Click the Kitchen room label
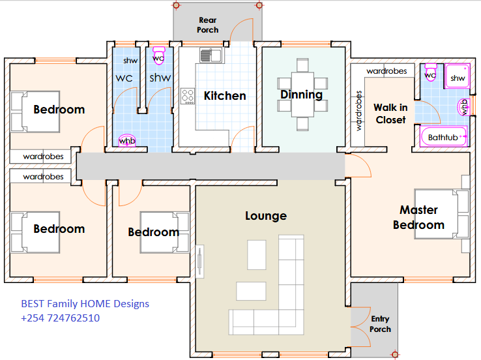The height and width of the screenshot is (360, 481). (225, 96)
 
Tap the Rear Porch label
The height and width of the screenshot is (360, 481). (208, 25)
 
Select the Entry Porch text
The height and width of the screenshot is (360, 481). (380, 324)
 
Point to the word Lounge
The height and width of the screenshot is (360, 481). (266, 216)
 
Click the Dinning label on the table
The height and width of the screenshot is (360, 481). (302, 95)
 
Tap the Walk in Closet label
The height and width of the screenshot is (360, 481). (390, 113)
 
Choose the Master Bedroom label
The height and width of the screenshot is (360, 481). (418, 217)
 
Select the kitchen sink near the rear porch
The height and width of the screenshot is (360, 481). (211, 55)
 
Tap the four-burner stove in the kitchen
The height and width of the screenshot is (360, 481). (188, 96)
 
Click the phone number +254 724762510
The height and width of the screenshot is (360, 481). (60, 318)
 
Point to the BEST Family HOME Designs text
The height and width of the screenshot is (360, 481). (85, 303)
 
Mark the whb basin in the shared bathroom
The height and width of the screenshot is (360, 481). (127, 140)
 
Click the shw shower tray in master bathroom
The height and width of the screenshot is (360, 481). (457, 76)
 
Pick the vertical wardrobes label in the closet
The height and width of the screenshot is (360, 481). (358, 111)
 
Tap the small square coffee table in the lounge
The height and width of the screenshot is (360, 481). (256, 255)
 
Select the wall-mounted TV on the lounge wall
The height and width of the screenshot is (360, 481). (199, 262)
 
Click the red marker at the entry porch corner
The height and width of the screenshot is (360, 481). (395, 355)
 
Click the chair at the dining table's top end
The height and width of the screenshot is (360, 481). (302, 65)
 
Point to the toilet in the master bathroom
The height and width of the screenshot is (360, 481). (430, 72)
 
